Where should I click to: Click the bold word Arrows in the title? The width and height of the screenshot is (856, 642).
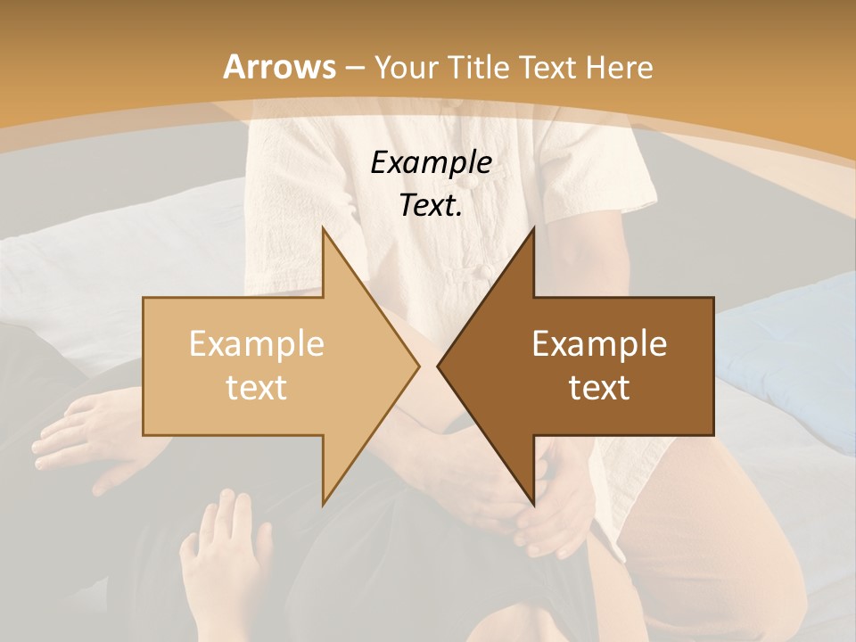coord(279,67)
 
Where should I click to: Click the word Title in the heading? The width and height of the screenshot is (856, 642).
coord(478,67)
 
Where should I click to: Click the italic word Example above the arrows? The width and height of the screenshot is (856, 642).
coord(431,162)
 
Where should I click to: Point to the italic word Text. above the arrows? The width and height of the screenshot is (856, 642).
coord(431,205)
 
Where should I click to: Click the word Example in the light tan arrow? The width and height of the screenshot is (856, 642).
coord(256,344)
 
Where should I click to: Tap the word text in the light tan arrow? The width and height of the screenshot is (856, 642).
coord(256,388)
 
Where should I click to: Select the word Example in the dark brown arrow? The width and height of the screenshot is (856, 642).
coord(599,344)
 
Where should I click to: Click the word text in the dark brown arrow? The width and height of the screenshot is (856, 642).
coord(599,388)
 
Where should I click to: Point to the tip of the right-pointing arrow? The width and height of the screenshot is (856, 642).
coord(419,366)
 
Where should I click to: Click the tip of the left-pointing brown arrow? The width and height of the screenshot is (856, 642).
coord(438,366)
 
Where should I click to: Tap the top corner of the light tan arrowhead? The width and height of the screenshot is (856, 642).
coord(324,228)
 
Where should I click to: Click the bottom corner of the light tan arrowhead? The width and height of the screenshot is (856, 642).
coord(324,505)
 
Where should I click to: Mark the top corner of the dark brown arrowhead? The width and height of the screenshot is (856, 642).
coord(533,228)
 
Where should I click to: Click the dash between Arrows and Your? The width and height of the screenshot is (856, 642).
coord(354,67)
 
